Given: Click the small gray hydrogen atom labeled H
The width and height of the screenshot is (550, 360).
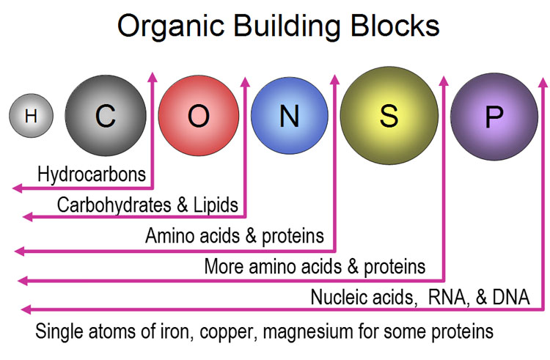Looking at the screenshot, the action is click(32, 115).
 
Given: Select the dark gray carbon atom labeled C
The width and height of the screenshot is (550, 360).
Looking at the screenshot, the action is click(106, 115).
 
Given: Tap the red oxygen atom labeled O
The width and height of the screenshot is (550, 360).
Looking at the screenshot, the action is click(199, 115).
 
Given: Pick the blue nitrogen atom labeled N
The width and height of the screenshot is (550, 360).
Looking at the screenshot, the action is click(290, 115).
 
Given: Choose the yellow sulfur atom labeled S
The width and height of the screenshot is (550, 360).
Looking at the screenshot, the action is click(389, 115).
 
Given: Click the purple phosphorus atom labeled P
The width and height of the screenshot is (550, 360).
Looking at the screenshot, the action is click(494, 117).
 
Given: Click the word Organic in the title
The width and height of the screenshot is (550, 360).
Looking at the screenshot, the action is click(171, 26).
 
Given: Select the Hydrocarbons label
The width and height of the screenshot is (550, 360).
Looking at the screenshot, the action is click(92, 175).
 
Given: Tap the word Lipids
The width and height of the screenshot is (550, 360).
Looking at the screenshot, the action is click(216, 205).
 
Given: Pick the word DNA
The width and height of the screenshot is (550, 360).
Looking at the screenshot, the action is click(511, 297).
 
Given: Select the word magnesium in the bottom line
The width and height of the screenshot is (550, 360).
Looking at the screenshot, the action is click(307, 331).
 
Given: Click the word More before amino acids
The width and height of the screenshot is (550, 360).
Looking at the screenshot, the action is click(224, 266).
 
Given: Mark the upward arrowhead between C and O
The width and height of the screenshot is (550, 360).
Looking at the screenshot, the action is click(153, 77).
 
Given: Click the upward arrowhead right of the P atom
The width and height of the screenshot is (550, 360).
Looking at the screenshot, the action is click(543, 82).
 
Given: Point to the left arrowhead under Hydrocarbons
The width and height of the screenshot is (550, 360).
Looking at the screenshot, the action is click(17, 188).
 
